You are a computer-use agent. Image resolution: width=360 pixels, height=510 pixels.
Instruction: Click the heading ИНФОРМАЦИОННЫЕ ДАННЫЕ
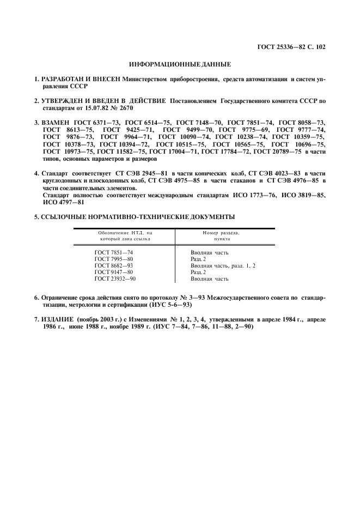coord(180,64)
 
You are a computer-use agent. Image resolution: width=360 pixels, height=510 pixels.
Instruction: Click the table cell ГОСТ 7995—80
coord(114,259)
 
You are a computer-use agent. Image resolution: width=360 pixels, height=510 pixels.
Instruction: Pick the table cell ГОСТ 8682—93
coord(114,265)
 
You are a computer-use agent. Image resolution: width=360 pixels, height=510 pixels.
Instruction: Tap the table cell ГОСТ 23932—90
coord(115,278)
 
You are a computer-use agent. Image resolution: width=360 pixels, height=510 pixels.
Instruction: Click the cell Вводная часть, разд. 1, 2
coord(223,265)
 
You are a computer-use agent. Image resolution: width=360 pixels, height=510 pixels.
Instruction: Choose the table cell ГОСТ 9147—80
coord(114,272)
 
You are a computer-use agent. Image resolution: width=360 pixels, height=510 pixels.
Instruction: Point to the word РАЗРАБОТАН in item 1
coord(65,79)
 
